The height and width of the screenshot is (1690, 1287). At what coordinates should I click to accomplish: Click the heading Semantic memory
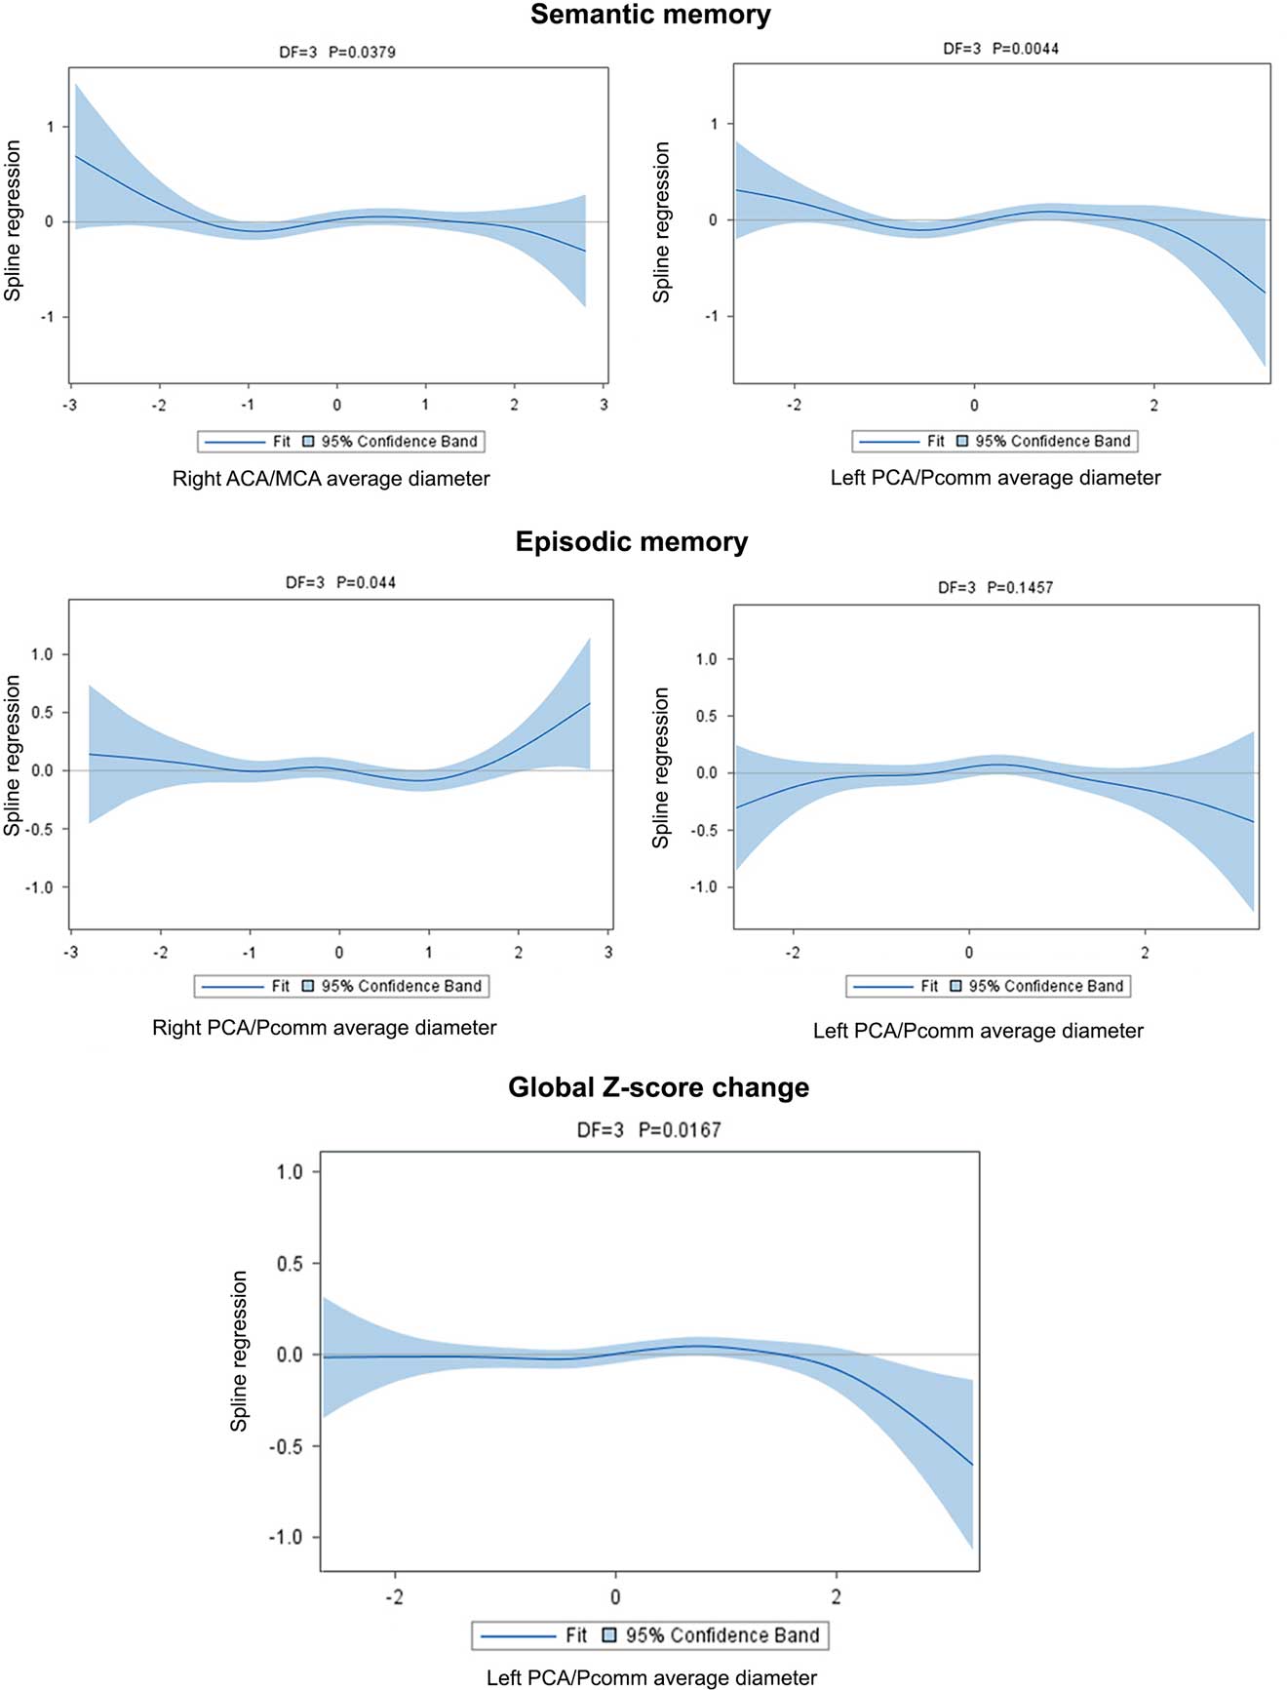tap(650, 15)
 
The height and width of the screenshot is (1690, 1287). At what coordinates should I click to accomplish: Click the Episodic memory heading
tap(631, 542)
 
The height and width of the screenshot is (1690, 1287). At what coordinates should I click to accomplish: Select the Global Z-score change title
tap(658, 1087)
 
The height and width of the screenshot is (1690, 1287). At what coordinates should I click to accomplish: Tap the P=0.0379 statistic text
tap(362, 52)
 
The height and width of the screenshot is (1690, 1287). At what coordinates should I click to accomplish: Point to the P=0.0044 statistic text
tap(1025, 48)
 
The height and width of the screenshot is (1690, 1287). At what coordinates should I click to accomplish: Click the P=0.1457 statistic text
tap(1020, 587)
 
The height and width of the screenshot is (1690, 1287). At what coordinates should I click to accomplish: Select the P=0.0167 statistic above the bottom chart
tap(680, 1130)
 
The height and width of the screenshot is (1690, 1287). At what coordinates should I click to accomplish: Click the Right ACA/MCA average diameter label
tap(331, 479)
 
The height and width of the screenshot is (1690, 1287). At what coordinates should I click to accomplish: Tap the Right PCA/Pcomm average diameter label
tap(324, 1028)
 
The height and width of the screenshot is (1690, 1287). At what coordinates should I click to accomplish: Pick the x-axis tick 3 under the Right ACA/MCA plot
tap(604, 405)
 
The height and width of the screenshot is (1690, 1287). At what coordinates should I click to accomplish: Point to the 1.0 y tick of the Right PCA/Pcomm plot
tap(42, 654)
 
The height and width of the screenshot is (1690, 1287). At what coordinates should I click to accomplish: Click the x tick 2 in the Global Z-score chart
tap(836, 1596)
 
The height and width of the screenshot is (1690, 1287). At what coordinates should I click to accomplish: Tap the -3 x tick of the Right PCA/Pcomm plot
tap(70, 952)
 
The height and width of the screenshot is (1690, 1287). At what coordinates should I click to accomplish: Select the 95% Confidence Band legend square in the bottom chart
tap(609, 1635)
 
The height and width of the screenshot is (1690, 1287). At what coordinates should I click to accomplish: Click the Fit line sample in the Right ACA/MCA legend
tap(234, 442)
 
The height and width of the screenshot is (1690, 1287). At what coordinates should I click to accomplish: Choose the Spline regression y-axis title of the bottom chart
tap(239, 1351)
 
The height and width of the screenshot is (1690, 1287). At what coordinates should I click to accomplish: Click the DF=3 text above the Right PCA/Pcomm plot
tap(304, 582)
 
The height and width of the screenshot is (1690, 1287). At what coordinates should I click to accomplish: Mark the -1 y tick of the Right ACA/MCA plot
tap(47, 317)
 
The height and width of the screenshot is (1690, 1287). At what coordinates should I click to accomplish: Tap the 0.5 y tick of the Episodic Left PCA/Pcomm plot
tap(706, 716)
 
